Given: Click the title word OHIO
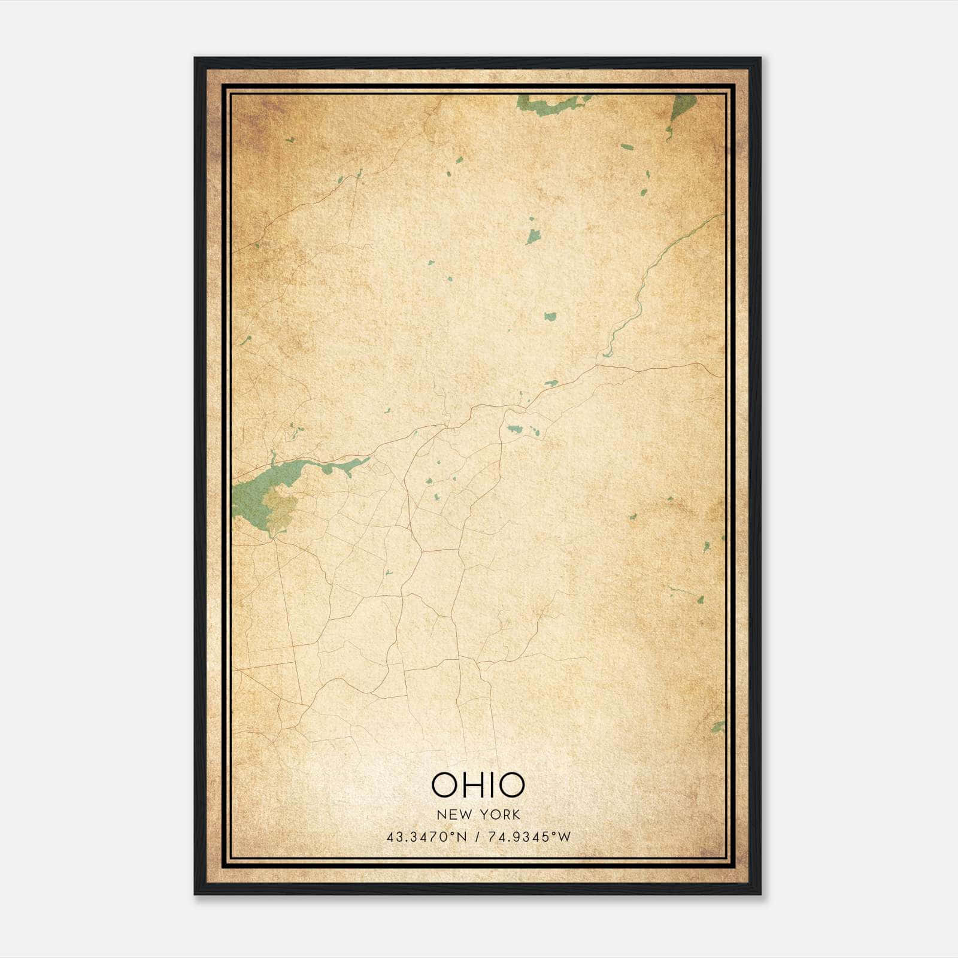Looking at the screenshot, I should point(478,785).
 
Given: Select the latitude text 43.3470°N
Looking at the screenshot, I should point(426,837).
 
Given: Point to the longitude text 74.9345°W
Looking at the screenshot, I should point(529,837).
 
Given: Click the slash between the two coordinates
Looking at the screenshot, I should point(478,837).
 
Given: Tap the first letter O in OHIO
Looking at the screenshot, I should point(444,785).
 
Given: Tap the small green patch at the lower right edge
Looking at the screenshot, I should point(719,727).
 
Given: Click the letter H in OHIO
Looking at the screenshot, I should point(474,785).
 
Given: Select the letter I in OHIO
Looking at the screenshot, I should point(493,785).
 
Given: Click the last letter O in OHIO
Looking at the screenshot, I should point(512,785).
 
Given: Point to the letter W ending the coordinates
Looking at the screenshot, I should point(565,837).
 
